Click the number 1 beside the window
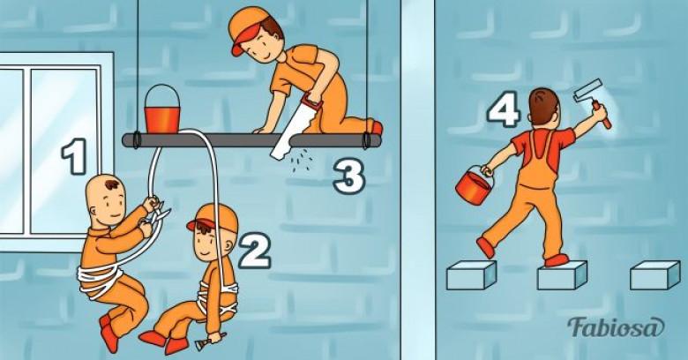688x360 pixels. click(75, 157)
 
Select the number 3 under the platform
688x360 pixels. click(348, 176)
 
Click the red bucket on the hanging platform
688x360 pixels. click(162, 109)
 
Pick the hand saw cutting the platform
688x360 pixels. click(295, 126)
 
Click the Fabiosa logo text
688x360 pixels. click(615, 327)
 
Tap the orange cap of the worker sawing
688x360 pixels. click(247, 27)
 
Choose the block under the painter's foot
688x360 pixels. click(562, 275)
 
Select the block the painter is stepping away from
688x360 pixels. click(471, 275)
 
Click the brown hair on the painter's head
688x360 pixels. click(543, 106)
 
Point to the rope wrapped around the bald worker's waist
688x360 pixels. click(100, 279)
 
